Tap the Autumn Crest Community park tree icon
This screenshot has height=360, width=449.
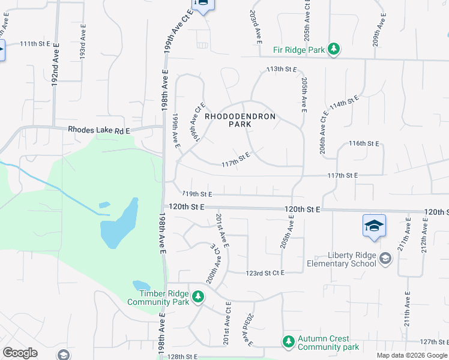tap(289, 341)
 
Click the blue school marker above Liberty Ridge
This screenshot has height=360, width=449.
tap(373, 227)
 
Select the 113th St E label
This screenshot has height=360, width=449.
tap(282, 69)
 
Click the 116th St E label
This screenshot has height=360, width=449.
tap(364, 143)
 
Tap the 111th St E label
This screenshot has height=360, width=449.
tap(36, 44)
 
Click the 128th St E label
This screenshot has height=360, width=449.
tap(183, 356)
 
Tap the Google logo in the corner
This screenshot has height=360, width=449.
tap(20, 353)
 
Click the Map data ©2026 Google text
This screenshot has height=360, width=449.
tap(412, 355)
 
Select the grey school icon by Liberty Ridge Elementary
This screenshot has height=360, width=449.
tap(385, 259)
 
